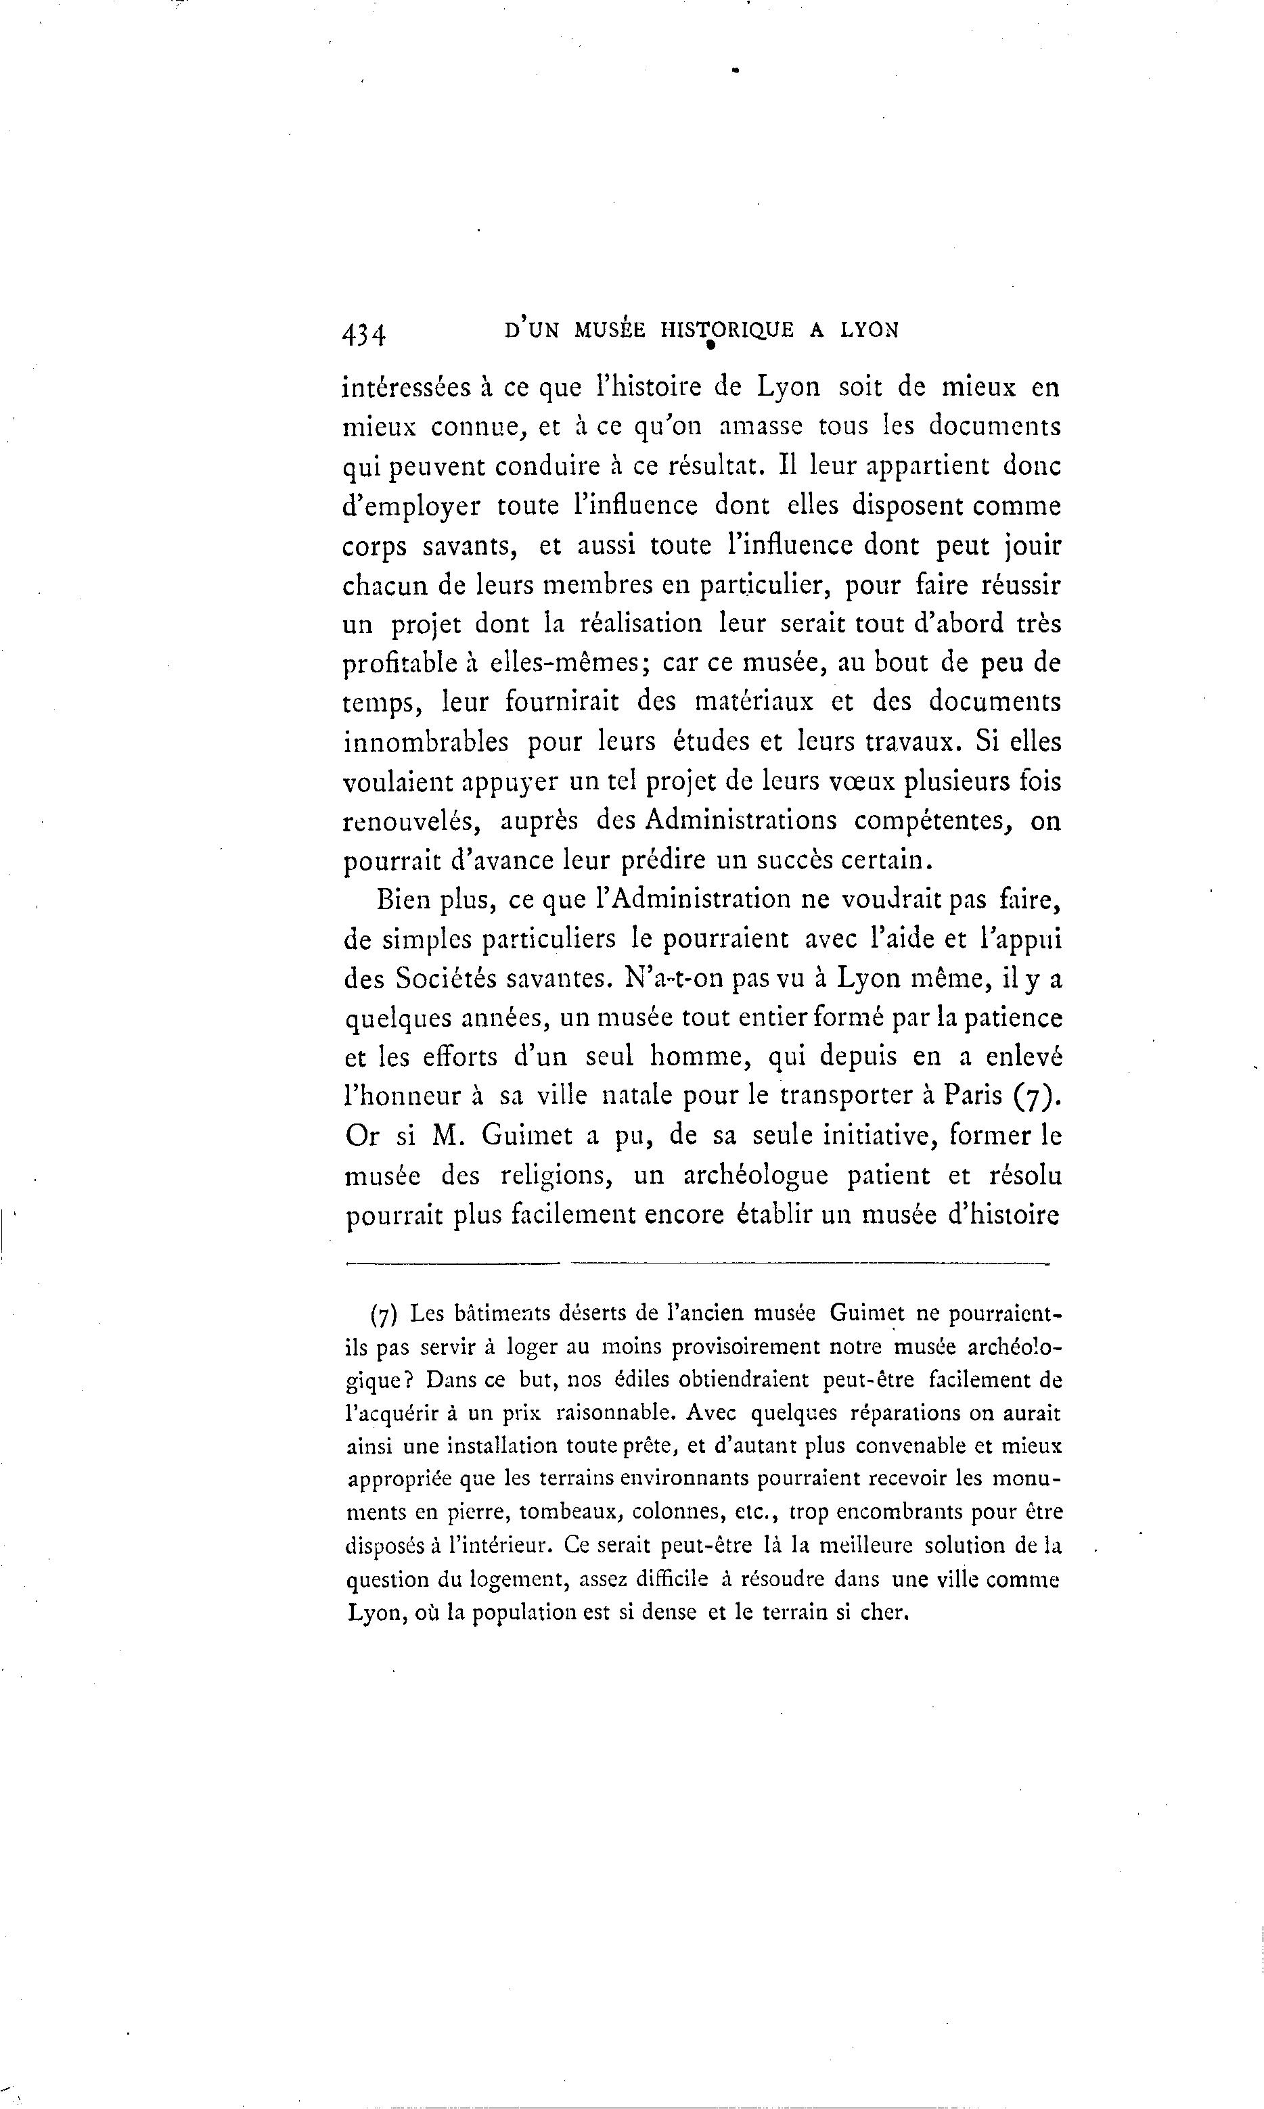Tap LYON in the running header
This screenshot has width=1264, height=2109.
(869, 330)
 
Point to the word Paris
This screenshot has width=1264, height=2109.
(974, 1096)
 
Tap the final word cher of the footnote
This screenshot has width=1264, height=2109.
(885, 1613)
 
